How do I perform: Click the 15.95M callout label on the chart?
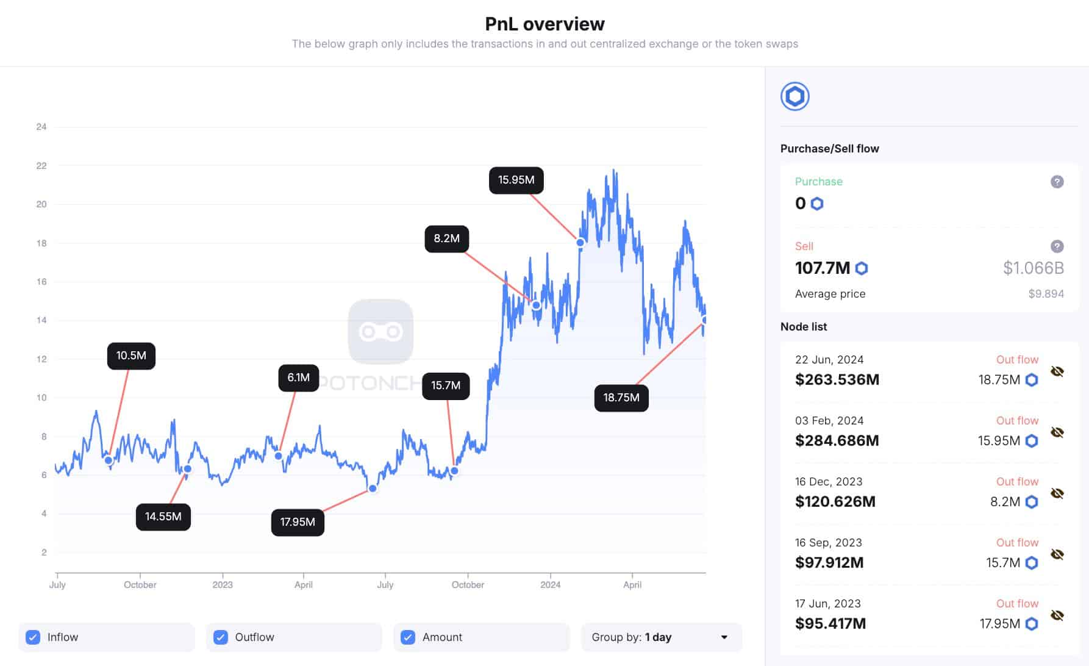click(516, 180)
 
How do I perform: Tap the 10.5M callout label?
click(131, 356)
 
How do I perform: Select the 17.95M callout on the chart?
click(298, 522)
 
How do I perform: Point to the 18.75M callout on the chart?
click(621, 398)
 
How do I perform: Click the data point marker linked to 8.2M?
click(536, 305)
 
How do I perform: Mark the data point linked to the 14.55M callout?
click(188, 469)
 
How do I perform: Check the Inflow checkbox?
click(33, 637)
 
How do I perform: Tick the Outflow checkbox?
click(221, 637)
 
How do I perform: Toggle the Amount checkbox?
click(408, 637)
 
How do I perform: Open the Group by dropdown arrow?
click(724, 637)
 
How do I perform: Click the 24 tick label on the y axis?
click(41, 127)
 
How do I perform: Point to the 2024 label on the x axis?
click(550, 584)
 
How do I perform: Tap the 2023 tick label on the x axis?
click(223, 584)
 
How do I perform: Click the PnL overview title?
click(544, 24)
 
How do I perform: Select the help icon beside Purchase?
click(1057, 182)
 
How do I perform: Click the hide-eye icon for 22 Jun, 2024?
click(1057, 371)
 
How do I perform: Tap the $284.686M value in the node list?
click(837, 440)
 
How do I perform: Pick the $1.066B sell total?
click(1034, 268)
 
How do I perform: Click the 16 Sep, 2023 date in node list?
click(828, 543)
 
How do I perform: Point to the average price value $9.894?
click(1046, 294)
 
